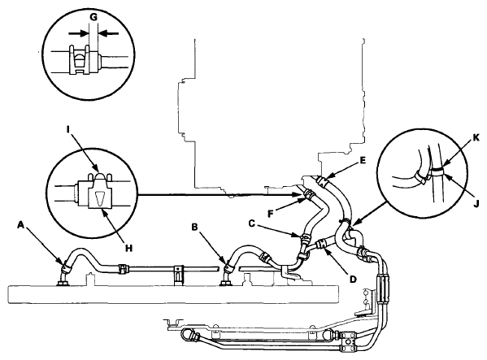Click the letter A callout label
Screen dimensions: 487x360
coord(20,224)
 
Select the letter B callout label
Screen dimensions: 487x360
coord(194,228)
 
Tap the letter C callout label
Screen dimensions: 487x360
coord(252,223)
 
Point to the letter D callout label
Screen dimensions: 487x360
coord(353,280)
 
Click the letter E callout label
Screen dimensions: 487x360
coord(363,160)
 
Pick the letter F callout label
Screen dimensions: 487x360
coord(271,215)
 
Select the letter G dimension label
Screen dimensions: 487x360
coord(93,17)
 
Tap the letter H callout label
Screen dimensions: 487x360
coord(129,248)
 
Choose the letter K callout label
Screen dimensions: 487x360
coord(476,137)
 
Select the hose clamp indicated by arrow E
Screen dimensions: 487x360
coord(322,180)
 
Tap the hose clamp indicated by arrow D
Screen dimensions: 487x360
coord(321,243)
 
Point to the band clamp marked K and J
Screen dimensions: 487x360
coord(437,171)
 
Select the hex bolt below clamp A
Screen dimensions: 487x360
coord(62,283)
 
